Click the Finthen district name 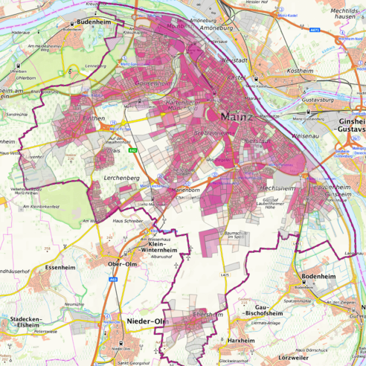pyautogui.click(x=94, y=118)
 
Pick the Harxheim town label pyautogui.click(x=241, y=340)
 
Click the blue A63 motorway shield pyautogui.click(x=114, y=280)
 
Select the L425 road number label pyautogui.click(x=225, y=276)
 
